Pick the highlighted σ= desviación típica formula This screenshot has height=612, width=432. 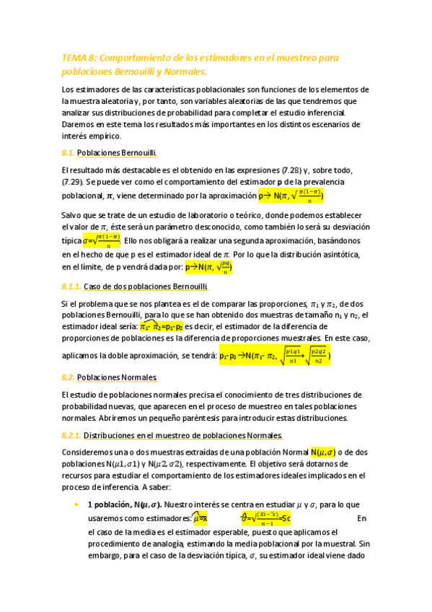tap(102, 241)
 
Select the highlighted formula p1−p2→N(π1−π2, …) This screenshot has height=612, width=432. tap(275, 355)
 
